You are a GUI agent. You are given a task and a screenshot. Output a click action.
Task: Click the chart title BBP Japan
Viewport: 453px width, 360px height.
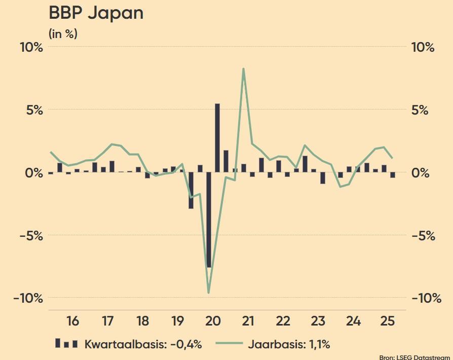click(96, 13)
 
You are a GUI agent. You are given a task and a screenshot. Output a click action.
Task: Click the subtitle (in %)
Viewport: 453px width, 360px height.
click(63, 34)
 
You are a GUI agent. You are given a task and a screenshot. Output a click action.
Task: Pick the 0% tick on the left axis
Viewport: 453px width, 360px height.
click(33, 173)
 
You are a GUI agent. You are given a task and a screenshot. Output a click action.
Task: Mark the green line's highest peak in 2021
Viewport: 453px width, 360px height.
click(244, 68)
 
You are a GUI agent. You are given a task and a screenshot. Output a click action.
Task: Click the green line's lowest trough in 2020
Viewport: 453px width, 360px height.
click(209, 293)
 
